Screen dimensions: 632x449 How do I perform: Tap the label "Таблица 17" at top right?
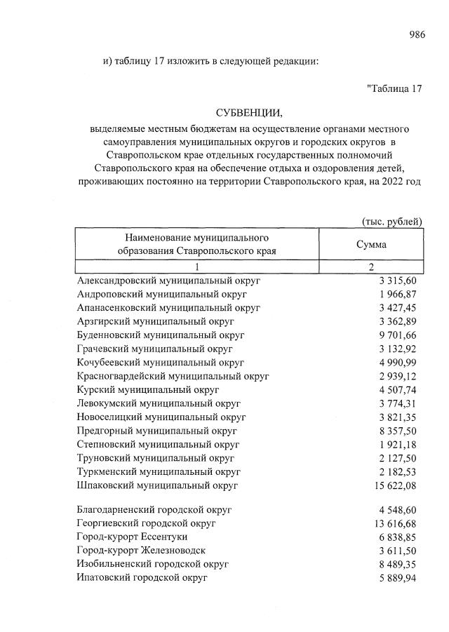[x=394, y=88]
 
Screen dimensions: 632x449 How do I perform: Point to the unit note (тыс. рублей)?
[x=391, y=222]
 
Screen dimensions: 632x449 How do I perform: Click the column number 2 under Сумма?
[x=372, y=267]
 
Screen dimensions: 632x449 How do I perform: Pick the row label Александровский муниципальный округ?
[x=168, y=281]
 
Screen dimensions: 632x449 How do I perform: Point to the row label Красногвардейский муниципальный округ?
[x=173, y=376]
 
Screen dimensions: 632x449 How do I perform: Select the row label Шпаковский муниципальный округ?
[x=158, y=485]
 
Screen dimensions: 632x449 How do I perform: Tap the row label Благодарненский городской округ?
[x=154, y=510]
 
